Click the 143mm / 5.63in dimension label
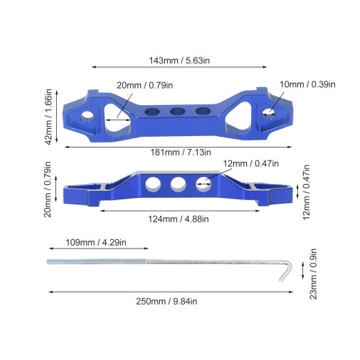pos(179,60)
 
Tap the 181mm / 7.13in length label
pos(181,152)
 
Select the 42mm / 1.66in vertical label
pos(48,117)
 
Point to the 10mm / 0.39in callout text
pos(307,84)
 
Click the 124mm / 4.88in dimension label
pos(179,219)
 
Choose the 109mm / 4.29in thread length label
pos(96,243)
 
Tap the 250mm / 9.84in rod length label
pos(166,301)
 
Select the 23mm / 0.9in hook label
pos(313,274)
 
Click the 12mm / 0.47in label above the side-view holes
pos(251,163)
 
